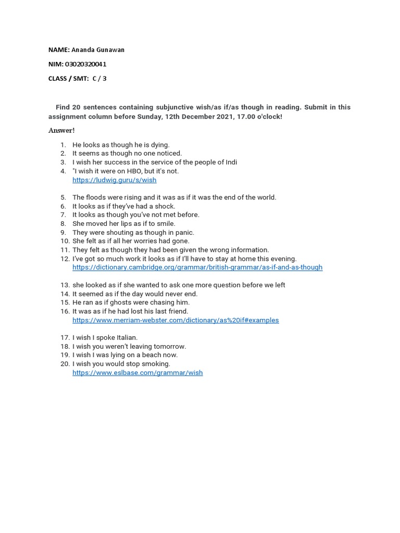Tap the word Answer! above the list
click(61, 130)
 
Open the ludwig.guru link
click(114, 180)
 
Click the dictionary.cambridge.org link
click(197, 268)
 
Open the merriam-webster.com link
click(176, 320)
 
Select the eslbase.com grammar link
click(137, 373)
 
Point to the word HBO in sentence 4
click(127, 171)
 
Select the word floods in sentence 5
click(95, 197)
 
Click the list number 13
click(65, 285)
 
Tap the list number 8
click(63, 224)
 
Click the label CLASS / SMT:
click(68, 79)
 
